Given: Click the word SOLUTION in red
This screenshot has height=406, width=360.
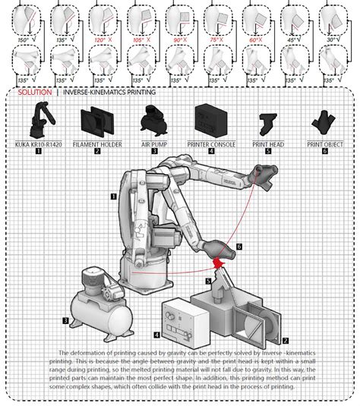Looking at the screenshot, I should click(x=36, y=92).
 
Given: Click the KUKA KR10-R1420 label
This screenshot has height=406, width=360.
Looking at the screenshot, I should click(x=38, y=143).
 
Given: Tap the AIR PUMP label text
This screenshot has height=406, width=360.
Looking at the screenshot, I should click(x=154, y=143).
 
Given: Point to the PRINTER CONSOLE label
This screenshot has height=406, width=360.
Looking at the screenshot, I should click(x=210, y=143).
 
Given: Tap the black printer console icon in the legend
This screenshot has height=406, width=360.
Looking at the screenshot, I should click(x=210, y=120).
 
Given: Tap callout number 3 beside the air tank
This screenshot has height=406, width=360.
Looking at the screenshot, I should click(x=66, y=321).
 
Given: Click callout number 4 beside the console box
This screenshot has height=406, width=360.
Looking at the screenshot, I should click(x=156, y=333).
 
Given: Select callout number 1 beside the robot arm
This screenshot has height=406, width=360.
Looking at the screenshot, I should click(x=113, y=196).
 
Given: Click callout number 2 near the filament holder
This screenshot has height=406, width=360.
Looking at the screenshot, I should click(x=286, y=341).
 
